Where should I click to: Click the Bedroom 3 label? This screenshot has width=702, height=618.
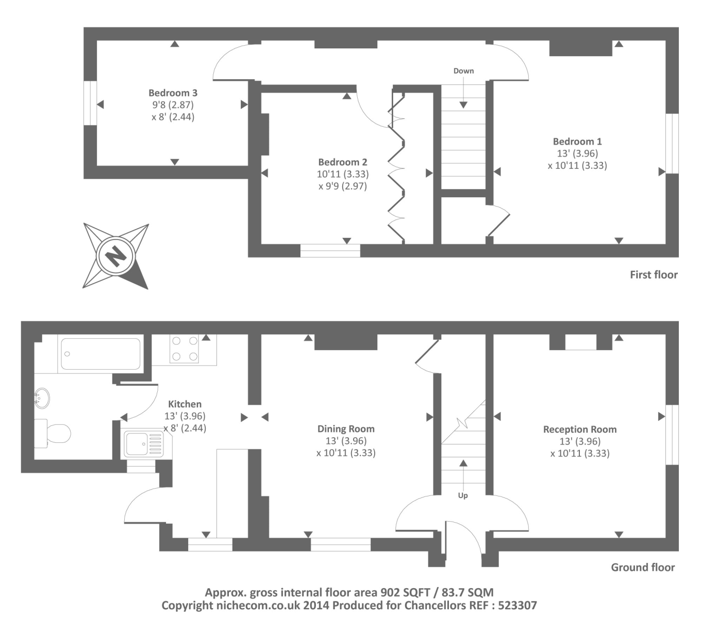[173, 93]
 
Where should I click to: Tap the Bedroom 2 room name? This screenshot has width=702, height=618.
[342, 162]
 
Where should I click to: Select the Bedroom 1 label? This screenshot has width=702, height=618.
[577, 142]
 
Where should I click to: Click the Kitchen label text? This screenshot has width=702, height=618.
[185, 404]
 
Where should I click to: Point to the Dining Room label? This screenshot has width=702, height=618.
[345, 429]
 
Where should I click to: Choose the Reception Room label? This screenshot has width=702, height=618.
[579, 430]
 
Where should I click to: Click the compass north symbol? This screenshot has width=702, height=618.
[116, 255]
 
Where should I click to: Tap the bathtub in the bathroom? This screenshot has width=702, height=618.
[101, 353]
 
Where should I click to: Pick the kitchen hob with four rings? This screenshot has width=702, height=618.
[185, 349]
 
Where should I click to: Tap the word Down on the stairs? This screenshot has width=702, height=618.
[463, 71]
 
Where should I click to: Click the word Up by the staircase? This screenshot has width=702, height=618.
[463, 495]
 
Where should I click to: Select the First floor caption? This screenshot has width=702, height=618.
[653, 275]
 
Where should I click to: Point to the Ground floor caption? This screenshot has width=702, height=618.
[642, 568]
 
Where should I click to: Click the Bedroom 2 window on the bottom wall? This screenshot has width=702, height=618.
[330, 251]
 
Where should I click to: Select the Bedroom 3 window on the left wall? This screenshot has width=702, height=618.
[90, 102]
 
